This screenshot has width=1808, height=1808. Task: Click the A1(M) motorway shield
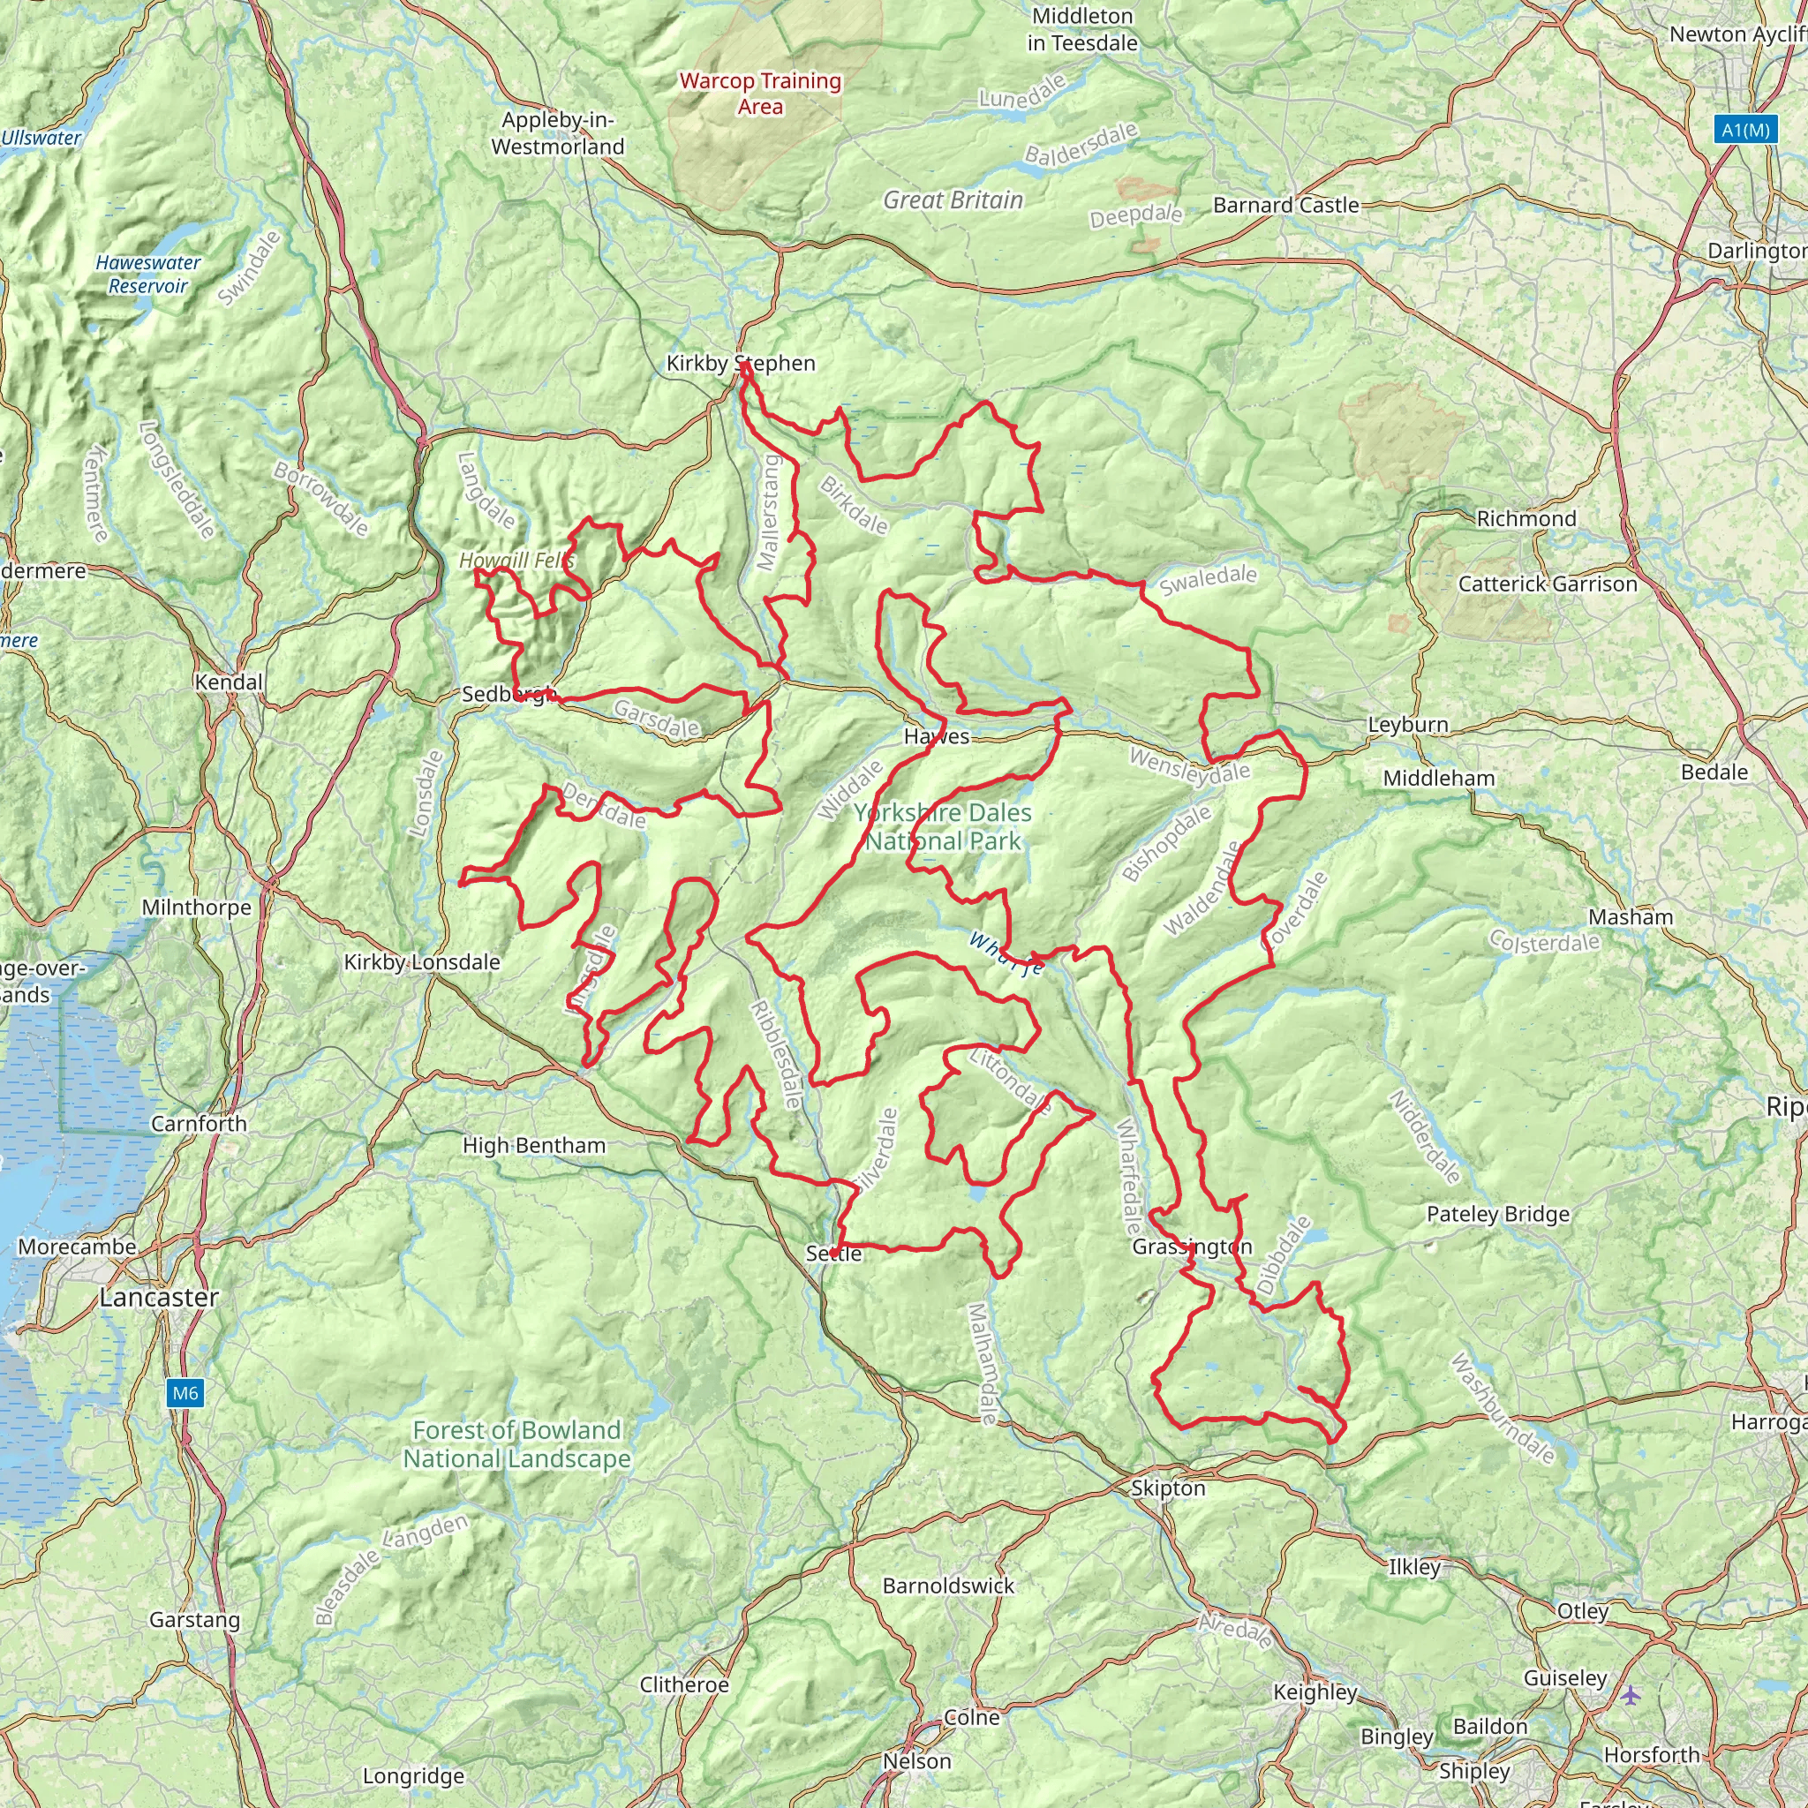[x=1746, y=129]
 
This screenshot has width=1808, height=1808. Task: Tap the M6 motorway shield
[x=185, y=1393]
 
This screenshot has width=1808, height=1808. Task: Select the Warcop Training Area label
[x=760, y=94]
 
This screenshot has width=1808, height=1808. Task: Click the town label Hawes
[x=937, y=736]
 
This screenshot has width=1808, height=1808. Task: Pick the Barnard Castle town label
[x=1285, y=205]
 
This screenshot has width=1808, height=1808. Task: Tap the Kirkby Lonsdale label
[x=422, y=962]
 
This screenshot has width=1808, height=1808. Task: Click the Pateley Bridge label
[x=1497, y=1214]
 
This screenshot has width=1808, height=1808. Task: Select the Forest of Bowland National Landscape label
[x=516, y=1444]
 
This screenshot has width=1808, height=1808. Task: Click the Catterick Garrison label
[x=1548, y=584]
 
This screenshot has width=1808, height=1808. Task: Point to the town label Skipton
[x=1168, y=1488]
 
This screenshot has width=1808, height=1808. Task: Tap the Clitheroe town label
[x=683, y=1684]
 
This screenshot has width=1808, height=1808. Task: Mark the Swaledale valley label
[x=1209, y=580]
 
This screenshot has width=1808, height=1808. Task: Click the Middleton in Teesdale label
[x=1081, y=29]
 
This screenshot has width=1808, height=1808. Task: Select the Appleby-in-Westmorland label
[x=558, y=133]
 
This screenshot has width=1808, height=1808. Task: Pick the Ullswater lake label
[x=41, y=138]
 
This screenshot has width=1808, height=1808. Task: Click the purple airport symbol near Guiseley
[x=1631, y=1695]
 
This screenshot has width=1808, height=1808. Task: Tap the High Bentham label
[x=534, y=1145]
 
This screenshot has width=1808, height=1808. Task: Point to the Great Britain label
[x=953, y=200]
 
